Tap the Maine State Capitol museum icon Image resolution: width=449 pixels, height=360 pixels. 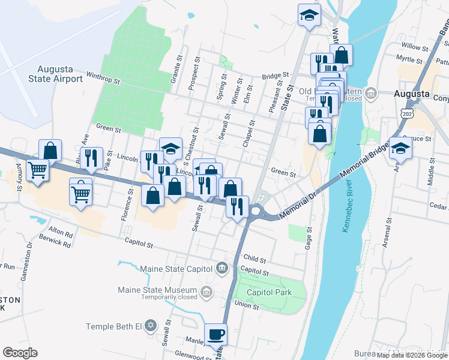coord(222,267)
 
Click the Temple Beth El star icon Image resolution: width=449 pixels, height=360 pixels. coord(152,326)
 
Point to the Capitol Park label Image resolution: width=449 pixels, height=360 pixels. coord(270,293)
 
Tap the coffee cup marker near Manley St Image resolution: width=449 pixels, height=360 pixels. coord(215,334)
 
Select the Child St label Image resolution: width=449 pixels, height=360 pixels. coord(255,259)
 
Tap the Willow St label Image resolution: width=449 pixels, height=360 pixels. coord(413,46)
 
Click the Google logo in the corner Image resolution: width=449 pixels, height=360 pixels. coord(20,352)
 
